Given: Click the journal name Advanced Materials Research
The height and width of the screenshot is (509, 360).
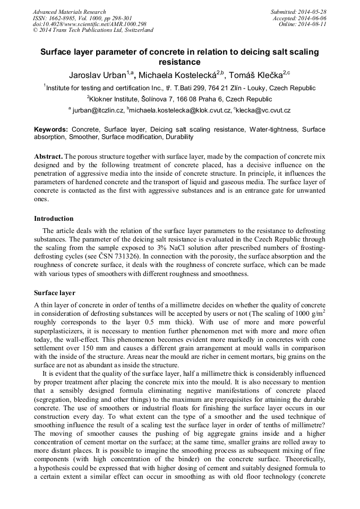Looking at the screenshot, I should click(69, 12).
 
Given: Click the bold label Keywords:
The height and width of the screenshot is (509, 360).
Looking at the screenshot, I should click(51, 129).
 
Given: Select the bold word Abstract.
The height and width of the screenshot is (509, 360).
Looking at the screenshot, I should click(48, 157).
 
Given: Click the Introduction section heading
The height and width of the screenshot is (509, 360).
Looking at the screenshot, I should click(55, 218).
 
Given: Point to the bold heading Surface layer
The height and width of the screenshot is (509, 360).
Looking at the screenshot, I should click(55, 293).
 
